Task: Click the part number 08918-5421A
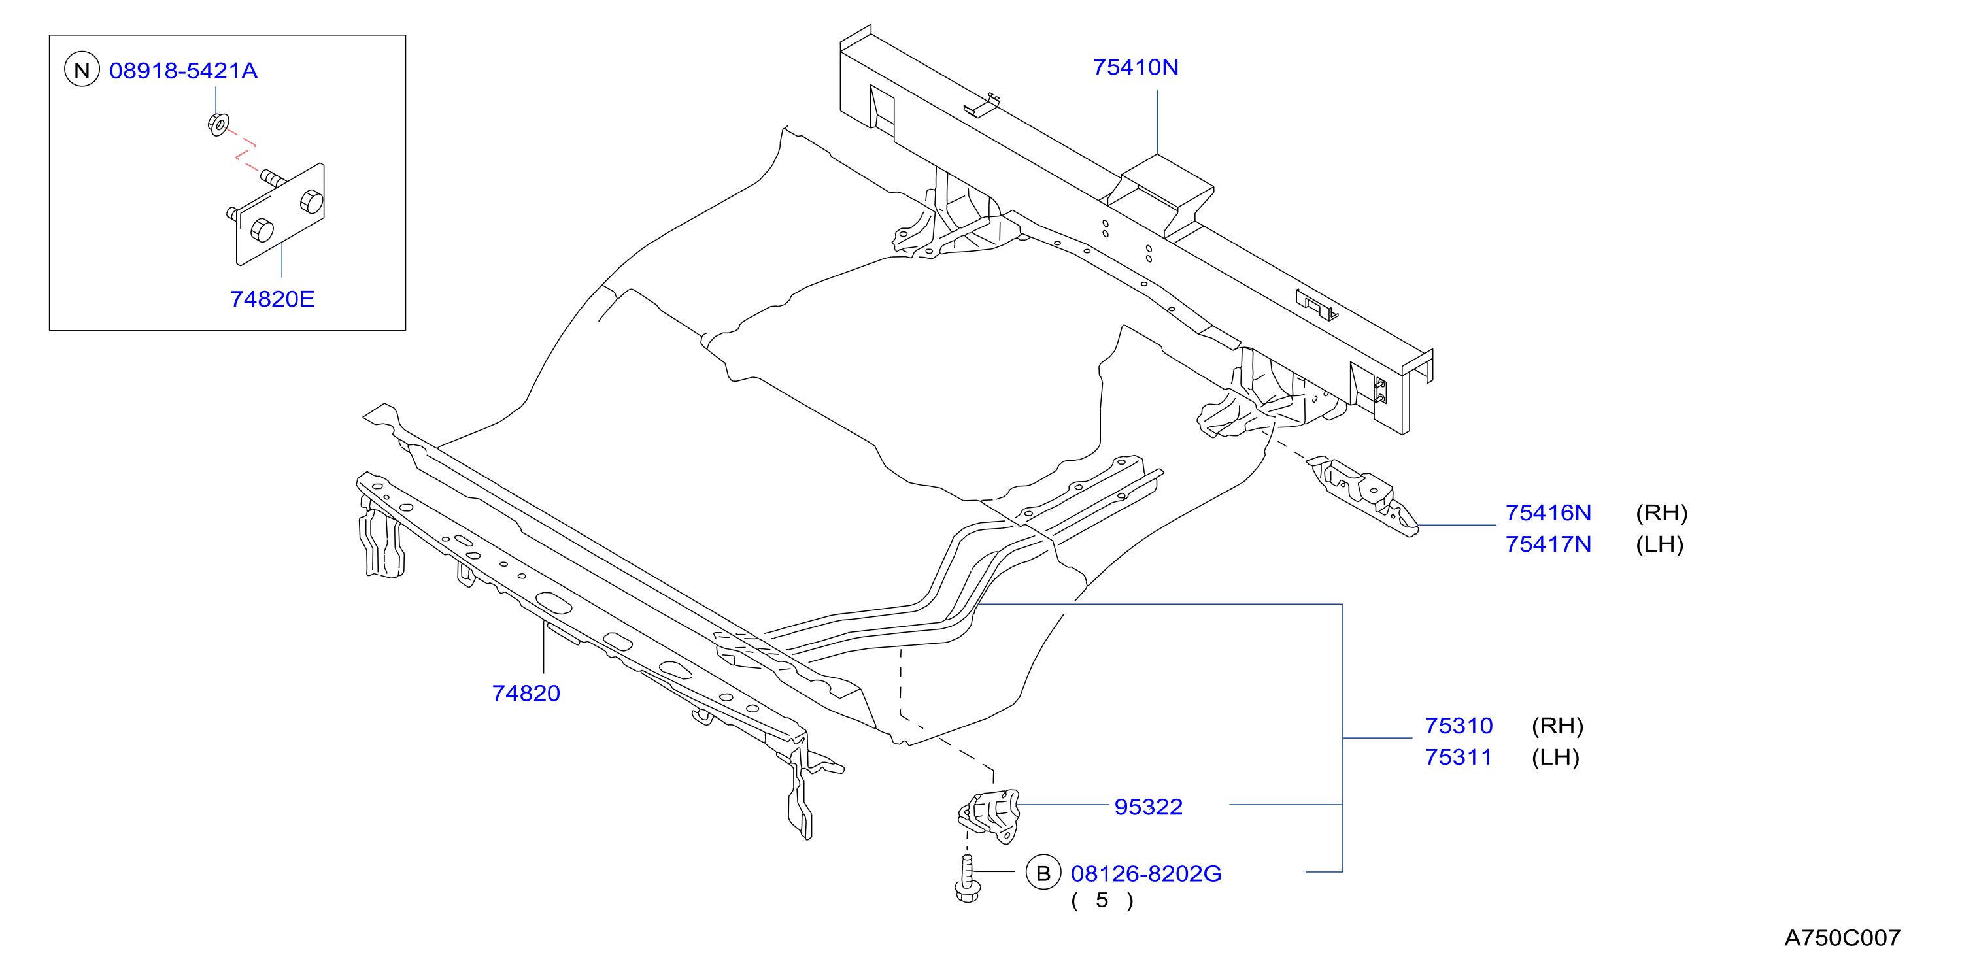click(184, 71)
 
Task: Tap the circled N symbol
click(82, 70)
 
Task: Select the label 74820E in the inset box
click(273, 299)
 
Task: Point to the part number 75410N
click(1136, 67)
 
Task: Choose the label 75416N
click(1548, 512)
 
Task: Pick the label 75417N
click(1548, 544)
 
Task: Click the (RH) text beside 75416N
click(1662, 512)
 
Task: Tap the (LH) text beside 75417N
click(1659, 544)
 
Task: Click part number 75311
click(1458, 757)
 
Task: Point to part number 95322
click(1148, 807)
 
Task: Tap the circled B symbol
click(1043, 873)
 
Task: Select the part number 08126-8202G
click(1146, 873)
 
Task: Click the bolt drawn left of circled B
click(967, 878)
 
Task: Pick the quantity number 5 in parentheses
click(1102, 900)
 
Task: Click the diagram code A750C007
click(1842, 937)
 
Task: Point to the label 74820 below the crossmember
click(526, 693)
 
